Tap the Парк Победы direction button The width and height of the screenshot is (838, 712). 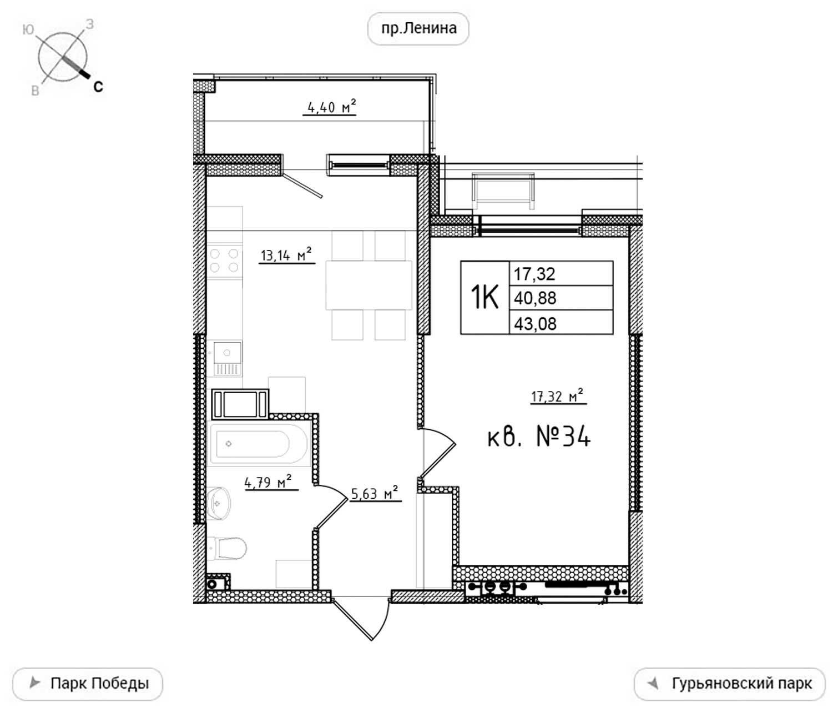pyautogui.click(x=88, y=684)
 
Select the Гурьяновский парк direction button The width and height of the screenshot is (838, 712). pyautogui.click(x=730, y=684)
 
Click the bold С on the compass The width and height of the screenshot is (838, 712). pyautogui.click(x=98, y=87)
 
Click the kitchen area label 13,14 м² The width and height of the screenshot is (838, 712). pyautogui.click(x=286, y=255)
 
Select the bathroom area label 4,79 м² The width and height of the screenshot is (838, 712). pyautogui.click(x=269, y=482)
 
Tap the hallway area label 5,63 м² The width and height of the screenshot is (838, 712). pyautogui.click(x=375, y=493)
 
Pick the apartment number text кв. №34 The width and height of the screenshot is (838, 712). pyautogui.click(x=539, y=437)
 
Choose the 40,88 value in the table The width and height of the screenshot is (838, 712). pyautogui.click(x=535, y=298)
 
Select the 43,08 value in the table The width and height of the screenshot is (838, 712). pyautogui.click(x=535, y=324)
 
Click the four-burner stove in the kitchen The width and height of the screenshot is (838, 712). pyautogui.click(x=225, y=261)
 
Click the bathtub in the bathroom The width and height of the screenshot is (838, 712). pyautogui.click(x=258, y=444)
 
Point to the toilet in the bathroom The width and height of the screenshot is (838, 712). pyautogui.click(x=227, y=548)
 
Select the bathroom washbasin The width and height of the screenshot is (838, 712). pyautogui.click(x=218, y=504)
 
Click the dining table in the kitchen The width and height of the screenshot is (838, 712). pyautogui.click(x=368, y=285)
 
